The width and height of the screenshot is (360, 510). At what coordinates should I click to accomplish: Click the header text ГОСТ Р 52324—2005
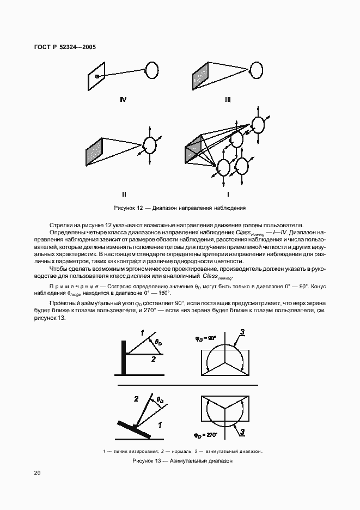[61, 47]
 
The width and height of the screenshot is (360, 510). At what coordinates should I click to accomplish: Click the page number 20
[38, 473]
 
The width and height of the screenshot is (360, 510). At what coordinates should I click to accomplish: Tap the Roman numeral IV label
[123, 99]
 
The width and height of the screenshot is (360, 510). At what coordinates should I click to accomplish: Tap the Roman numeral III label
[227, 99]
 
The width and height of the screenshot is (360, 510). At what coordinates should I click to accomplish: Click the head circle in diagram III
[256, 70]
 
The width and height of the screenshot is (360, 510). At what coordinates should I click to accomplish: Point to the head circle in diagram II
[149, 145]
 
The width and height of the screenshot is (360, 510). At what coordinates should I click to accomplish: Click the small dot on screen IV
[97, 77]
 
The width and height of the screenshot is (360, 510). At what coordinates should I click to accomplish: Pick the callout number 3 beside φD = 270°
[242, 433]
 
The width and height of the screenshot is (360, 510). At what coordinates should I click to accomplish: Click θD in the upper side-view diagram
[158, 343]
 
